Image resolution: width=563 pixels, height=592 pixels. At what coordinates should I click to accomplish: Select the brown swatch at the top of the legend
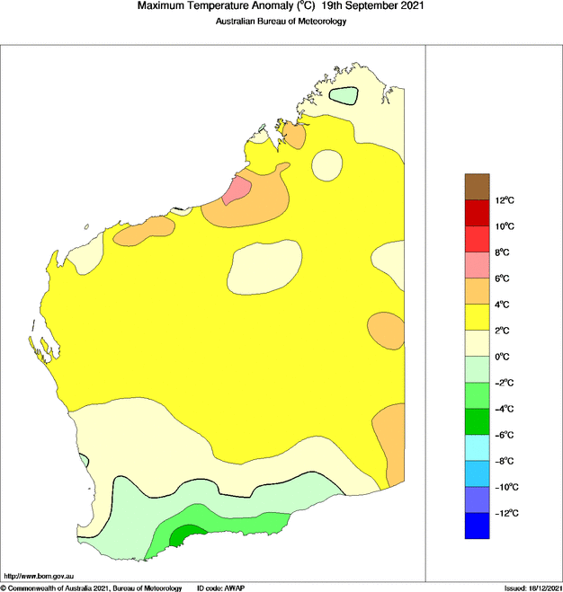[477, 186]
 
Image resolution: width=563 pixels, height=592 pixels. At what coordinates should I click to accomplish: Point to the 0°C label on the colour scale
[504, 357]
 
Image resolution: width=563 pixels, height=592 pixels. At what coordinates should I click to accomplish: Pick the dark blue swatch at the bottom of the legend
[477, 526]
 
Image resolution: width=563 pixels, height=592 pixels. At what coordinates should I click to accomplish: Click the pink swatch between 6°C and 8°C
[477, 265]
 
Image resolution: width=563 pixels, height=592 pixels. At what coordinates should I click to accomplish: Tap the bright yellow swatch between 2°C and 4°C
[477, 317]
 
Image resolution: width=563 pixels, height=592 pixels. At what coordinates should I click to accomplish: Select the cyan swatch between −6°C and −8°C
[477, 447]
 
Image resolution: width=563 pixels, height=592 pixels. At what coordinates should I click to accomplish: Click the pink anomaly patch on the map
[237, 190]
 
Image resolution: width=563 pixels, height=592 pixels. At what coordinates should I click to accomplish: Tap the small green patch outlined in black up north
[344, 94]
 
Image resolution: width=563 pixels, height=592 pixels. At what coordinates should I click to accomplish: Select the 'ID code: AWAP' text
[221, 587]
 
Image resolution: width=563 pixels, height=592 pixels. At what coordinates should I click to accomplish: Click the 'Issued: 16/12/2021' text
[532, 587]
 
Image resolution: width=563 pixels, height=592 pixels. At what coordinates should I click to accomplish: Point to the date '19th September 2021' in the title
[373, 6]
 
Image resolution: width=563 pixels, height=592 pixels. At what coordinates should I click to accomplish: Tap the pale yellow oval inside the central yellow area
[264, 268]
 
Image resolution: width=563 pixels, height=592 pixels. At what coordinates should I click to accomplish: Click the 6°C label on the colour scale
[504, 278]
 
